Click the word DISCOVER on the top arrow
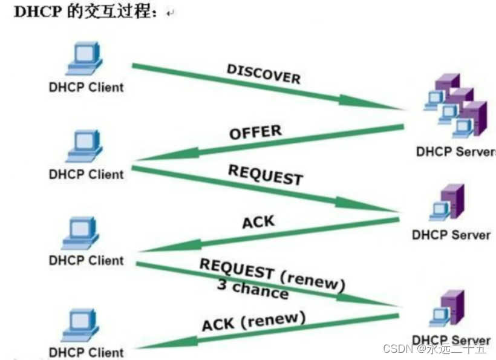point(263,73)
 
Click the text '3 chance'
point(252,290)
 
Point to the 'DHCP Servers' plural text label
point(455,151)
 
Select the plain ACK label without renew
point(258,221)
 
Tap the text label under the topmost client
point(85,87)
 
